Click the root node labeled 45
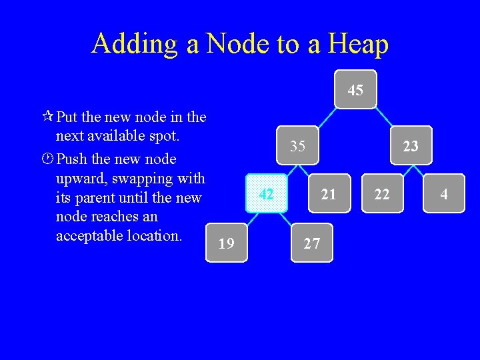tap(355, 89)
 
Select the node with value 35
tap(298, 145)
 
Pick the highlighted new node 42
tap(267, 194)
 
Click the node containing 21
tap(328, 194)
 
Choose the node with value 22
tap(382, 194)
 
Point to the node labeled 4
tap(443, 194)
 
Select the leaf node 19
tap(227, 243)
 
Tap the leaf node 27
tap(311, 243)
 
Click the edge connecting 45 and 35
tap(327, 117)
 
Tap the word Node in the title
tap(237, 44)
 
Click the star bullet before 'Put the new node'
tap(47, 117)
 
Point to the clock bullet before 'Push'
tap(47, 159)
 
